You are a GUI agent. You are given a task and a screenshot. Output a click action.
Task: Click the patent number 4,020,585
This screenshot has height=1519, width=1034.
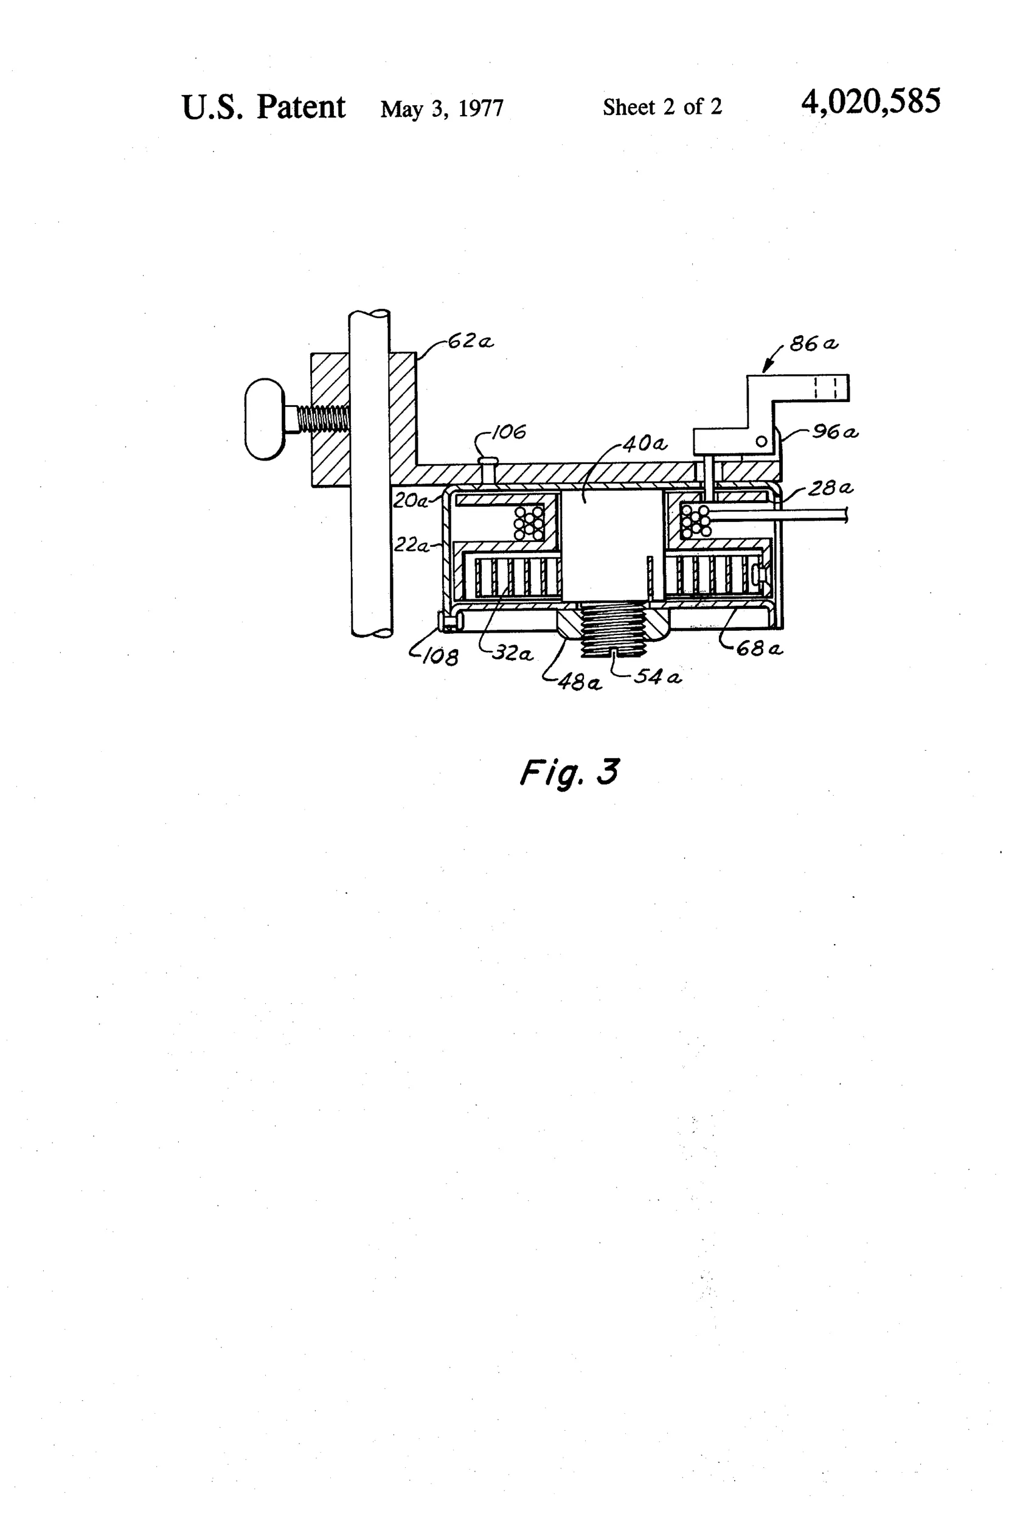(x=870, y=103)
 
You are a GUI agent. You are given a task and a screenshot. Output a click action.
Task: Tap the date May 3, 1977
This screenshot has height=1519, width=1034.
(x=442, y=108)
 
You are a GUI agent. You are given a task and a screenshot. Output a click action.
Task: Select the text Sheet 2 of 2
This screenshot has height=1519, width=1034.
(x=662, y=106)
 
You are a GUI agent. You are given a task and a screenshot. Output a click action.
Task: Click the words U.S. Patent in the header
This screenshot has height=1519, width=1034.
(x=263, y=106)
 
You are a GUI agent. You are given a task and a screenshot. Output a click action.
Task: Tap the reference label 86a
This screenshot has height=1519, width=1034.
(x=814, y=344)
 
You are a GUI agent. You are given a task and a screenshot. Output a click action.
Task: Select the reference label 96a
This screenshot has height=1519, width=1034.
(x=835, y=432)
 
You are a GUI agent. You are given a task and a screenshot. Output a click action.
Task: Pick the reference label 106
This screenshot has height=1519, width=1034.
(x=508, y=432)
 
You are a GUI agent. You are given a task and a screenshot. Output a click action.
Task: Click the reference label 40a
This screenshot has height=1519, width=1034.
(x=645, y=445)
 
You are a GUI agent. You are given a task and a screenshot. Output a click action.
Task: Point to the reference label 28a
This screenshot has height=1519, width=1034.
(x=830, y=488)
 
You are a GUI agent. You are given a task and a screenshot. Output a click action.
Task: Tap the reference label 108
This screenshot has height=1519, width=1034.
(x=440, y=656)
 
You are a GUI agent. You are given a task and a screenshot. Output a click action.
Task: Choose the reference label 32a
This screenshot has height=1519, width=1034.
(x=512, y=653)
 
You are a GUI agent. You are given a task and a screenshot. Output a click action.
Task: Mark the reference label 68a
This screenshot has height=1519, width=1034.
(x=760, y=648)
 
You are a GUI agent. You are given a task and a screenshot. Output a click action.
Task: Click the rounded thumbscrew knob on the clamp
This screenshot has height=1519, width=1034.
(x=265, y=419)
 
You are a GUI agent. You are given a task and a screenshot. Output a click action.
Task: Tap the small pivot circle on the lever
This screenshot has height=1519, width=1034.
(x=762, y=442)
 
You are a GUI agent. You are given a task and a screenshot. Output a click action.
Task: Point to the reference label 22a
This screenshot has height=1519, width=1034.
(x=411, y=545)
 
